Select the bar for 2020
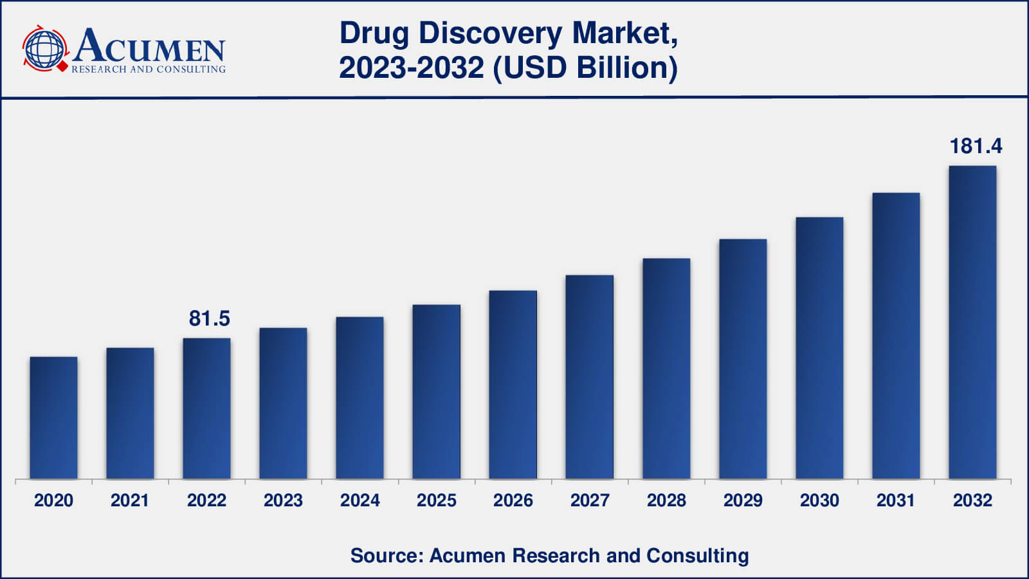53,418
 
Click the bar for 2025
436,392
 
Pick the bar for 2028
666,369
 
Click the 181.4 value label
976,147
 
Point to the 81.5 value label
209,318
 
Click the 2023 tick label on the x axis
283,501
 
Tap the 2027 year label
590,501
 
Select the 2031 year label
896,501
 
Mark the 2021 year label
130,501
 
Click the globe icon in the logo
44,49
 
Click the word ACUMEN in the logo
149,46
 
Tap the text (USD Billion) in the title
585,68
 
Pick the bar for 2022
206,409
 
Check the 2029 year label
743,501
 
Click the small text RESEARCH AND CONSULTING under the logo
149,69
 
